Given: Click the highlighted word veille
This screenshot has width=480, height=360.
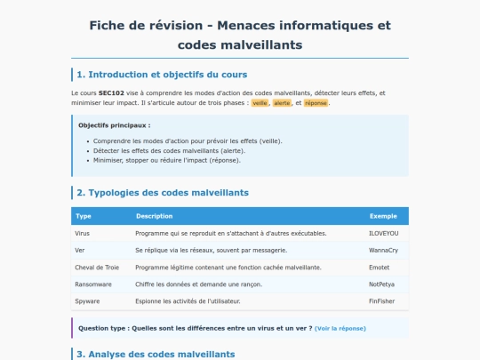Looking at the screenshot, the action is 260,103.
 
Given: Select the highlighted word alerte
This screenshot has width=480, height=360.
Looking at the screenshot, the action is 283,103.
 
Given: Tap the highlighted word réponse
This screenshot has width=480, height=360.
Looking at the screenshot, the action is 315,103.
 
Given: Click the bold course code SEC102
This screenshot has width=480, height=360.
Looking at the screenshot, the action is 111,92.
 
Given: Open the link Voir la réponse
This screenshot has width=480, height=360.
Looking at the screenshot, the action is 340,328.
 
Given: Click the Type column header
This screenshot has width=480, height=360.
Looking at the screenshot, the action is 84,216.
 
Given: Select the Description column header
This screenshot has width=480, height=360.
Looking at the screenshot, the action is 155,216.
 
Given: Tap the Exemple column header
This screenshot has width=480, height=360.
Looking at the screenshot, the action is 382,216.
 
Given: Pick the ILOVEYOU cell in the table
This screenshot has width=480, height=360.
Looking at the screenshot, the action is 383,233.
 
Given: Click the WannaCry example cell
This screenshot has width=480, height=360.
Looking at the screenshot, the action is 383,251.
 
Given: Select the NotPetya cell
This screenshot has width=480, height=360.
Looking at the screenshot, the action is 381,284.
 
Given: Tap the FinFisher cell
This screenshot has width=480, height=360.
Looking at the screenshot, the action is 381,301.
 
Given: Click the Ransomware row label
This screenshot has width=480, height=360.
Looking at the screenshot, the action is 92,284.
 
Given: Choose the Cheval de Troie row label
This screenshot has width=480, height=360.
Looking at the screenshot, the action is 96,268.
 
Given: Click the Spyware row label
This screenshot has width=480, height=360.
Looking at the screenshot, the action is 88,301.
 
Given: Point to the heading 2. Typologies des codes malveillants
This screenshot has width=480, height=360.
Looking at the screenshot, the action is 163,192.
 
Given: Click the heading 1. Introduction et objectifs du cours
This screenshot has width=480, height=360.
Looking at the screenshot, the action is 162,74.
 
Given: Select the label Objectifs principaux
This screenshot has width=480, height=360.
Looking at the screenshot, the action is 114,125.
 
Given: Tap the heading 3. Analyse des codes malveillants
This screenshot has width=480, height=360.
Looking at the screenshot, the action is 156,354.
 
